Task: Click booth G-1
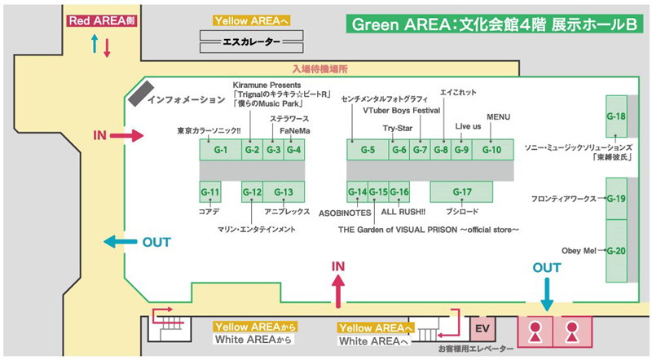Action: click(220, 150)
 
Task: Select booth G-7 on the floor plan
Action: click(419, 150)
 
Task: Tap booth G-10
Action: click(492, 150)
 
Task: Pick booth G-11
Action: click(210, 192)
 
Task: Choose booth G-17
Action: click(462, 192)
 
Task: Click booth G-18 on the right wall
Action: click(616, 116)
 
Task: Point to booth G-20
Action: click(616, 251)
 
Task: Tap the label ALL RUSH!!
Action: click(404, 212)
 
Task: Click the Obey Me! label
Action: click(579, 250)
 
